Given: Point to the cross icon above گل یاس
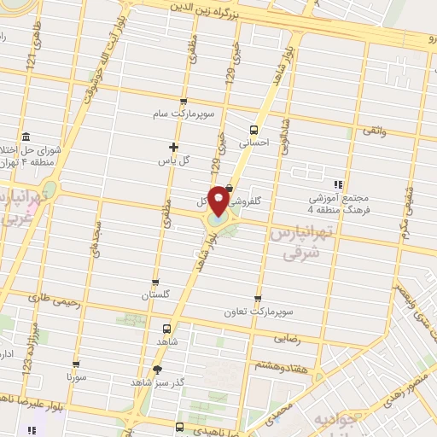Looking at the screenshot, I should pos(173,147).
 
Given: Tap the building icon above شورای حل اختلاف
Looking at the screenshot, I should pos(26,137).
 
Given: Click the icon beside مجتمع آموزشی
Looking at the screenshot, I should pos(340,184).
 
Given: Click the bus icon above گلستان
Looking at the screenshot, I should pos(154,282).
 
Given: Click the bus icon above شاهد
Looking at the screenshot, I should pos(167,328).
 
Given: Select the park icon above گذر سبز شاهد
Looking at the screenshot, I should pos(156,369).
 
